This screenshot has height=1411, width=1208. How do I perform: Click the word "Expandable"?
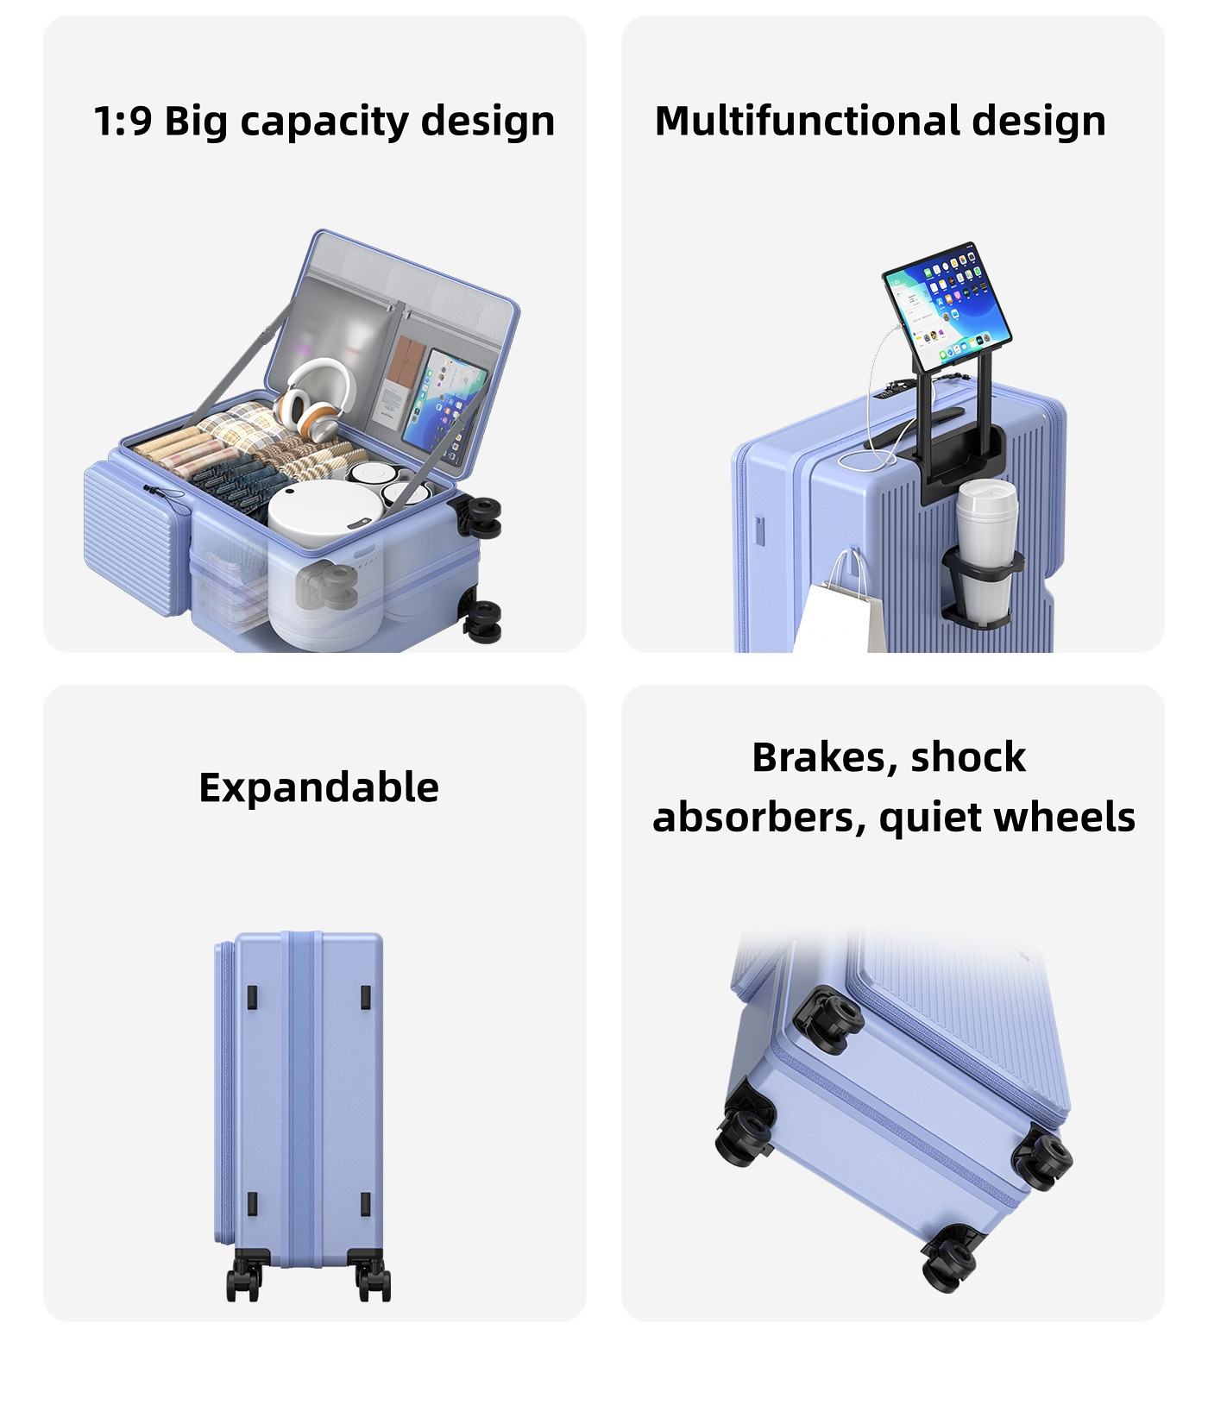point(318,787)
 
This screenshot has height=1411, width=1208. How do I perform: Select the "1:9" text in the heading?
point(123,121)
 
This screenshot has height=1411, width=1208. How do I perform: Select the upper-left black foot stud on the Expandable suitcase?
point(252,997)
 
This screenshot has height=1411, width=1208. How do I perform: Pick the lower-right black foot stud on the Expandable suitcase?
point(365,1204)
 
